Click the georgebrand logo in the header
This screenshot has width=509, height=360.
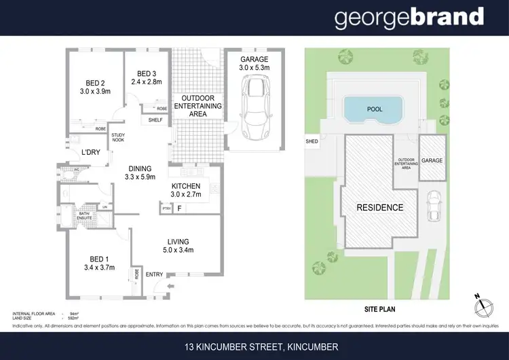coord(409,18)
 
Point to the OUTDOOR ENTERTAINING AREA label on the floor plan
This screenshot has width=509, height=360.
coord(198,106)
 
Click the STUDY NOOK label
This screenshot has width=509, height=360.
coord(118,137)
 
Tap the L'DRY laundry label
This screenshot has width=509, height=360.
coord(91,153)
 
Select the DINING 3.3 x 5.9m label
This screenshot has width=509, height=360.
coord(143,173)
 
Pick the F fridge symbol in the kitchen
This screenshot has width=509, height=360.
coord(180,209)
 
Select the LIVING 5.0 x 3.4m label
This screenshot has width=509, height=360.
coord(178,246)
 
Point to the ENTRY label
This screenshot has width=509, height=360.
coord(155,274)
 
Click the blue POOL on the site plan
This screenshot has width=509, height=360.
coord(374,108)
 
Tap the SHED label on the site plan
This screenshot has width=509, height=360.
coord(312,141)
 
